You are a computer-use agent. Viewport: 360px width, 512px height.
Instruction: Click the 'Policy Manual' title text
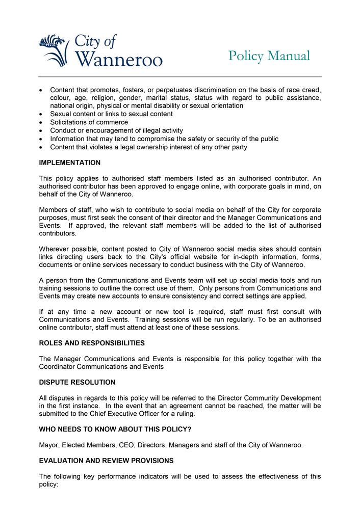(x=269, y=56)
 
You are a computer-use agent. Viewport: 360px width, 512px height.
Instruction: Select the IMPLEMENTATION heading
(x=70, y=163)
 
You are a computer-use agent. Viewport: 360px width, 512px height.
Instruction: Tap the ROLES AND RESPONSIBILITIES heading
(x=92, y=343)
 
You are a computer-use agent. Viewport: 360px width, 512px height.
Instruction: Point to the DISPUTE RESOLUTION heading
(x=77, y=382)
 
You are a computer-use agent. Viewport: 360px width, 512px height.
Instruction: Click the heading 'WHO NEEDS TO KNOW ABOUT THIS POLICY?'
(x=115, y=429)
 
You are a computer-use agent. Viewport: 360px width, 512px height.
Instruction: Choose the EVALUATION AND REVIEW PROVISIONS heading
(x=107, y=461)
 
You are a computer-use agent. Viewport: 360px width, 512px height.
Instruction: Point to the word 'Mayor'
(x=49, y=445)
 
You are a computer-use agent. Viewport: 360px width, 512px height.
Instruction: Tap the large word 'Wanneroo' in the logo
(x=119, y=60)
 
